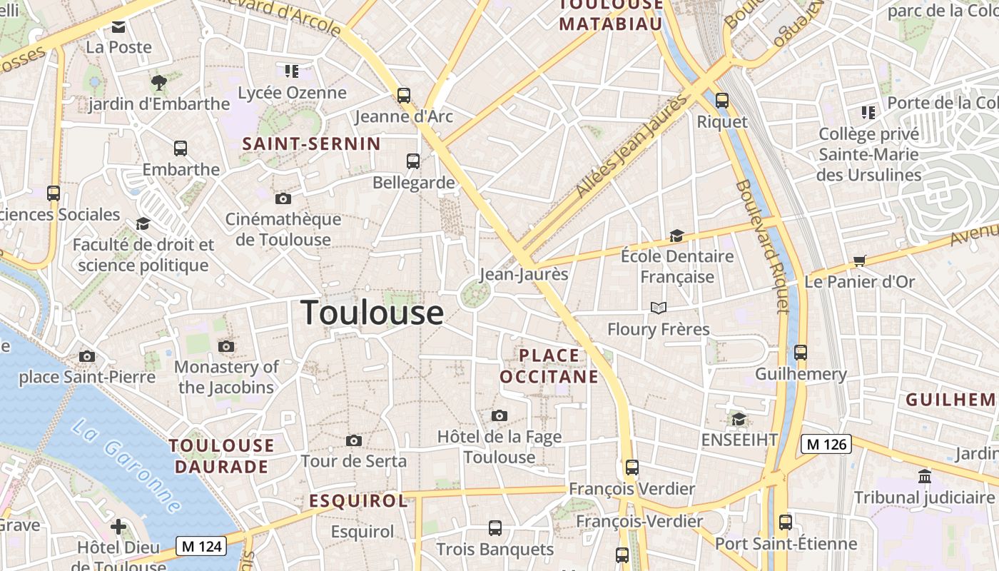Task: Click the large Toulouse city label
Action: click(372, 313)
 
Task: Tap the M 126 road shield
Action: click(826, 444)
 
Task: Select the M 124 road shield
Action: click(202, 547)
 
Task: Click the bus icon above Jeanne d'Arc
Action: click(404, 95)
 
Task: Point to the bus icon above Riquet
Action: click(722, 101)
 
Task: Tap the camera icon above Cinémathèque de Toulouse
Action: click(283, 198)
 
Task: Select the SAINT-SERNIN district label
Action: click(312, 143)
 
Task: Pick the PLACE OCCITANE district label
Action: click(549, 365)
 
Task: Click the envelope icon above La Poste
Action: click(118, 27)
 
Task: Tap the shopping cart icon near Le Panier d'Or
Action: click(859, 261)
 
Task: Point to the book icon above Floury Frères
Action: click(658, 308)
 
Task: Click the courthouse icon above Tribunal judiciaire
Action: click(925, 476)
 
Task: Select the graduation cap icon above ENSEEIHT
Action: click(739, 419)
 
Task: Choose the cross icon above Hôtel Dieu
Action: click(118, 527)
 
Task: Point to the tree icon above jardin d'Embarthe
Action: click(158, 83)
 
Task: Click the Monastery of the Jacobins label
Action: click(226, 377)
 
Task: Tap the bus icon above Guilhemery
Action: click(801, 353)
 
